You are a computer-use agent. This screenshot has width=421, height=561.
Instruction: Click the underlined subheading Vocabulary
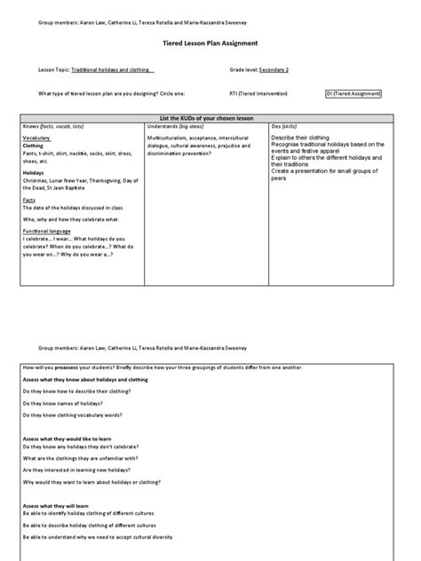point(36,138)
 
